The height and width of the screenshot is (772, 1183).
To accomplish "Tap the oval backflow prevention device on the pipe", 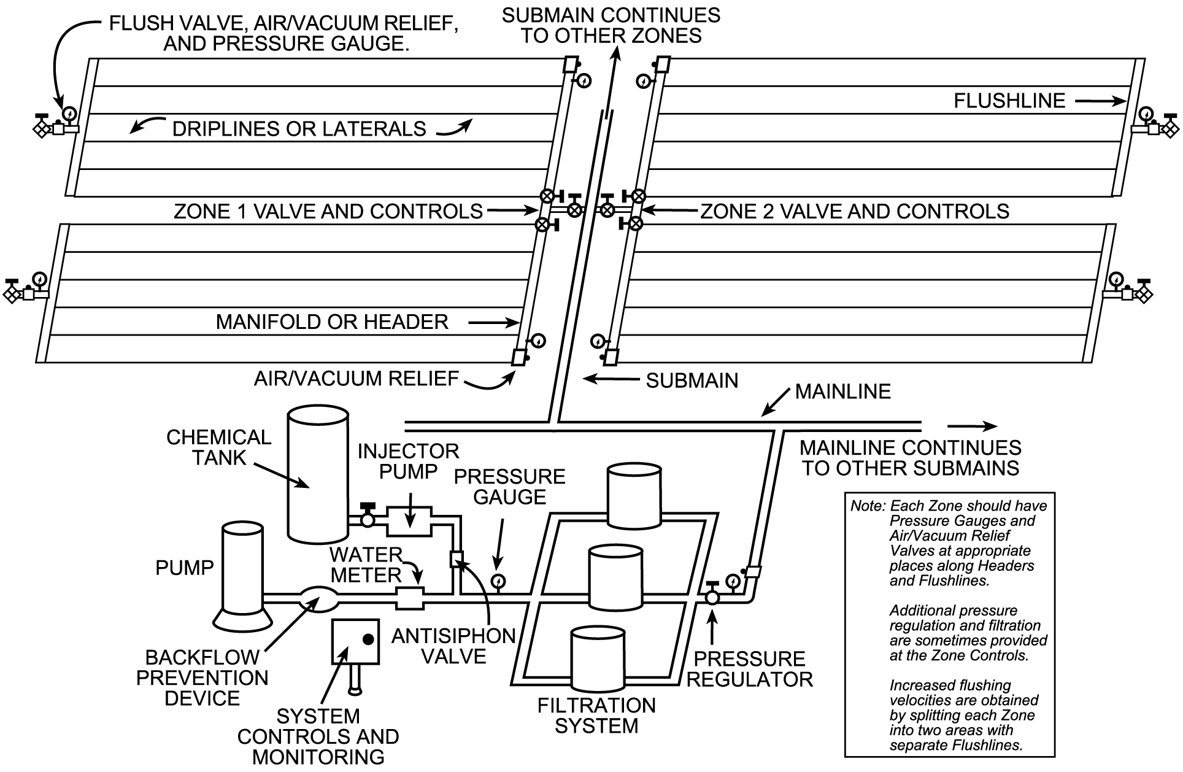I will [317, 599].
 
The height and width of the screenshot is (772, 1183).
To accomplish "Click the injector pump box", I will [409, 521].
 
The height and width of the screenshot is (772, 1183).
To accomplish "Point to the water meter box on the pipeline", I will [409, 598].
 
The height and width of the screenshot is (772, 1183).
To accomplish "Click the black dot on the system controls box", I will [368, 639].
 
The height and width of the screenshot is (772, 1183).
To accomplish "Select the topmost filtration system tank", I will [634, 497].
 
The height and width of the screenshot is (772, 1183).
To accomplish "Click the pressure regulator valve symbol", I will [712, 596].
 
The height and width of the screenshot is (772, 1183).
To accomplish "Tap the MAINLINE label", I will [842, 392].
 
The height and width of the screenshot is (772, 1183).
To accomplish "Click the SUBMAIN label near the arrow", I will [692, 380].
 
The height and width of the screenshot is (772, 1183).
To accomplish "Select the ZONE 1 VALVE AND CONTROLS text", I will [328, 211].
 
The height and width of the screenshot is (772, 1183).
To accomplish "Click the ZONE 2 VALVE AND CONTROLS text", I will [854, 211].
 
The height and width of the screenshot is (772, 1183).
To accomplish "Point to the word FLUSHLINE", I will [1009, 101].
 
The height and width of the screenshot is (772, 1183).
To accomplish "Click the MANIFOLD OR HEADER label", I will [332, 322].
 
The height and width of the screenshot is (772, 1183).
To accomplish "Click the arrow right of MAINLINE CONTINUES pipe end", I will [972, 427].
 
